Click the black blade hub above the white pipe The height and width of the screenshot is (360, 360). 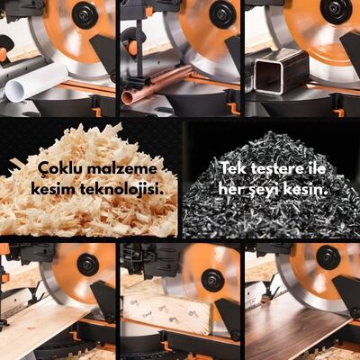tap(86, 14)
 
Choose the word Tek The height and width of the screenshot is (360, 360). tap(233, 169)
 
